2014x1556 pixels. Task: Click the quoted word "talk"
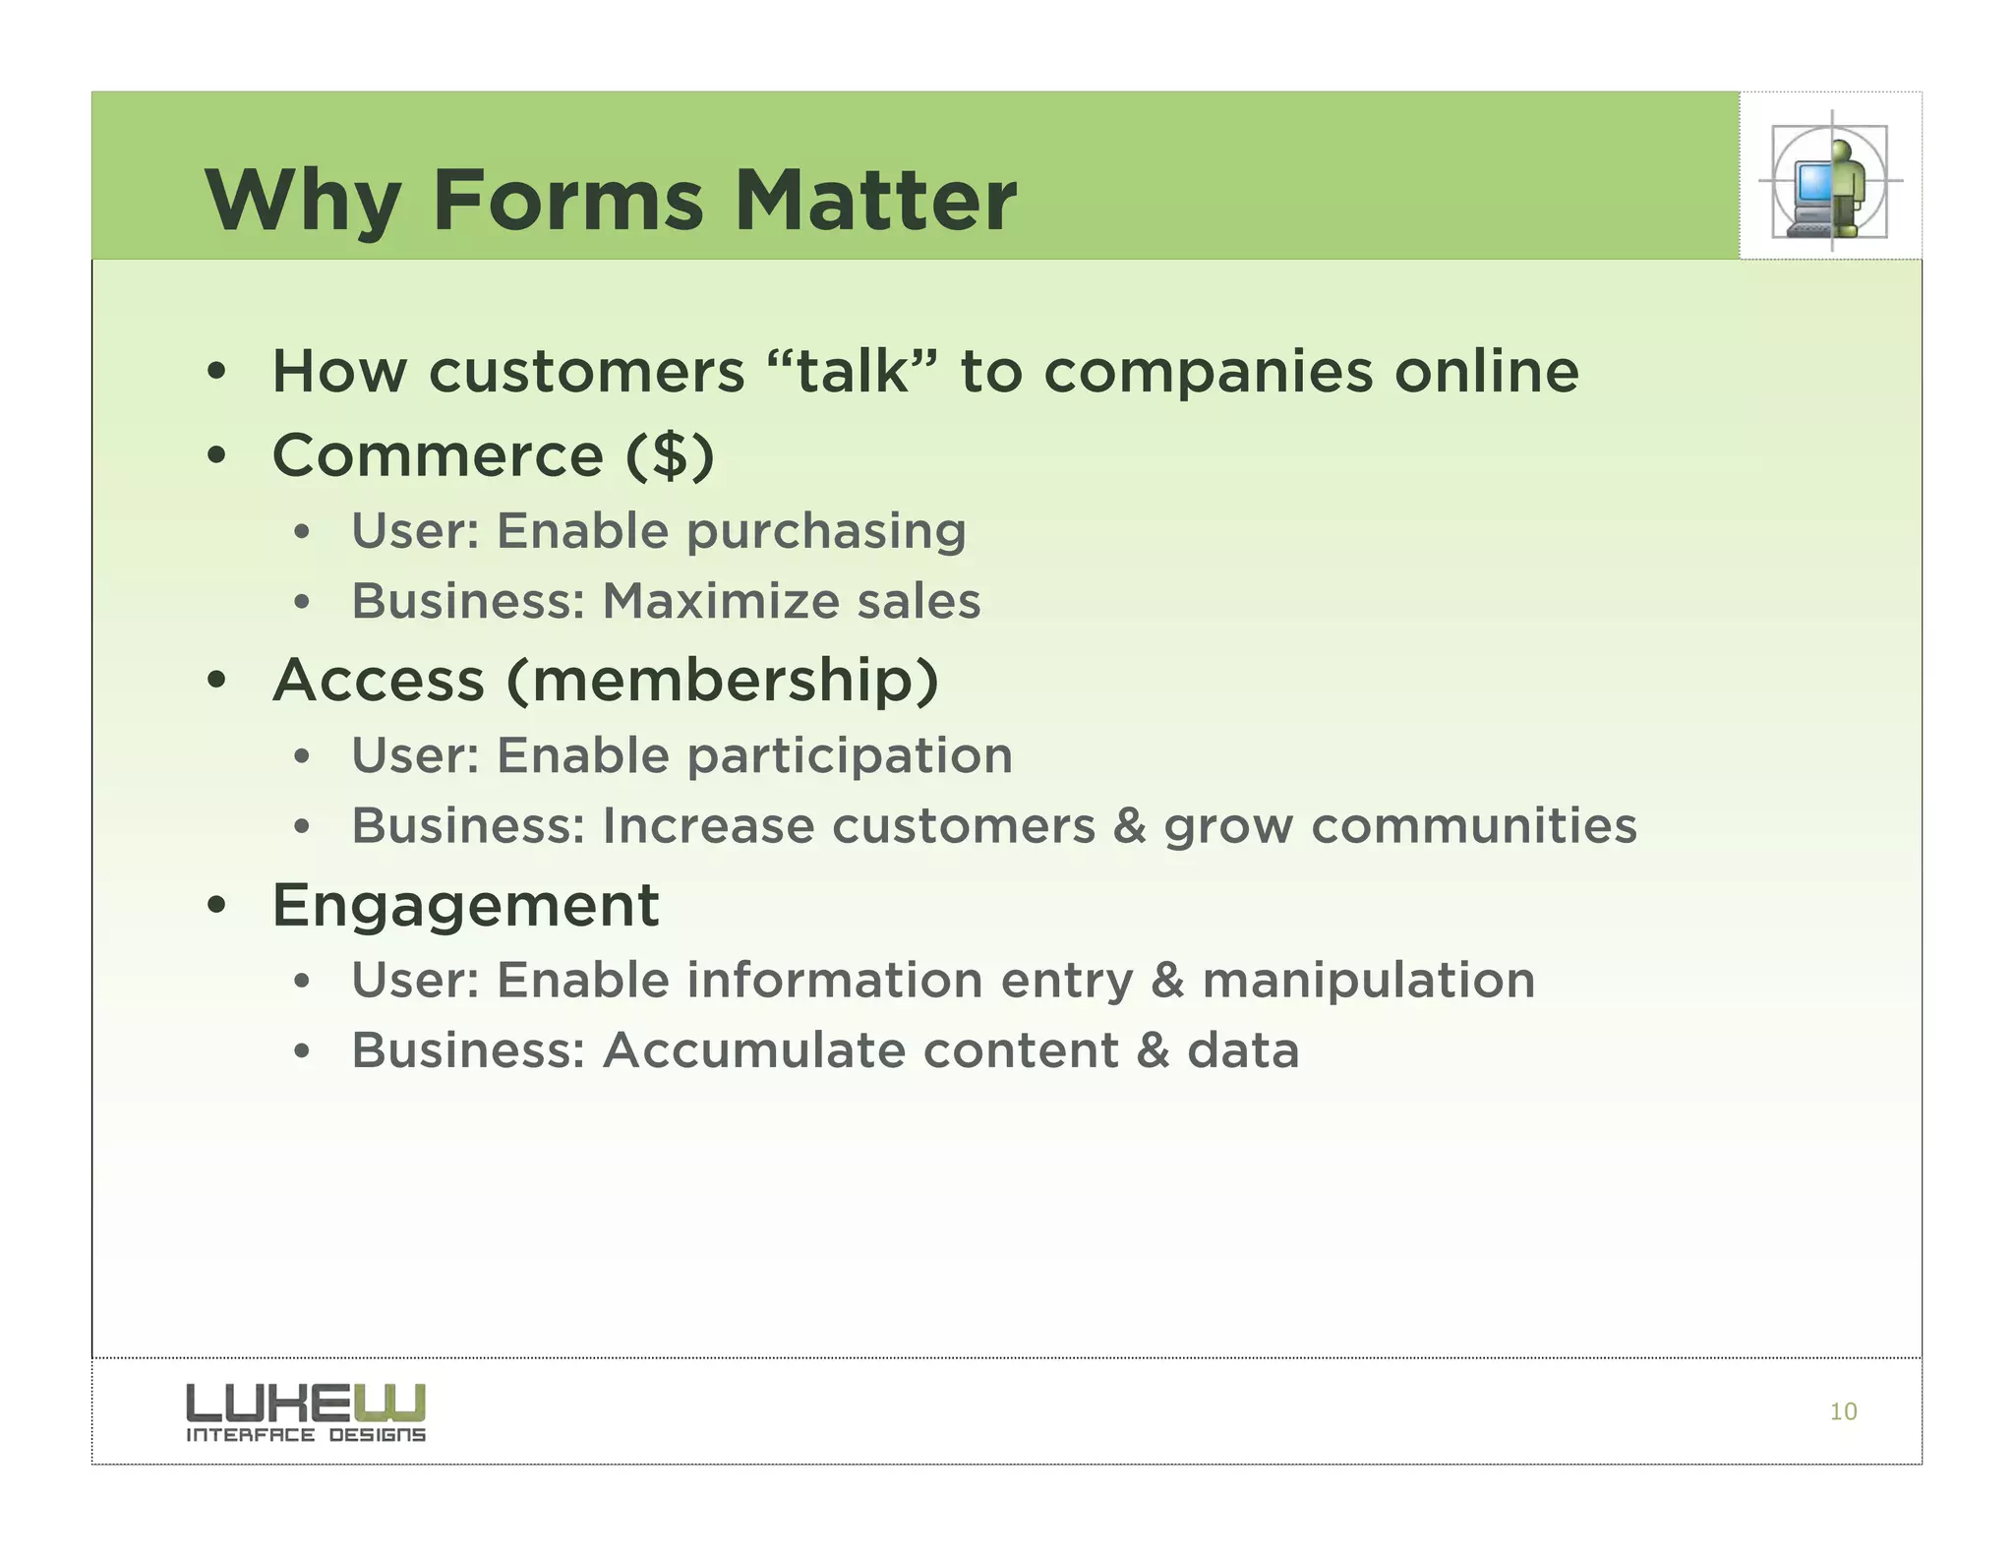click(x=852, y=372)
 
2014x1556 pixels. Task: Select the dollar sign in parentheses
click(x=671, y=456)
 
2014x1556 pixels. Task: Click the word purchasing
click(x=826, y=531)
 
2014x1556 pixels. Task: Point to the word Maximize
click(x=722, y=601)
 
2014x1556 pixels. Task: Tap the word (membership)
click(x=723, y=681)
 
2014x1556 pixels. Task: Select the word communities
click(x=1473, y=825)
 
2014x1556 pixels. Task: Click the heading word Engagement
click(x=465, y=906)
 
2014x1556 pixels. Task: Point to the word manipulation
click(x=1368, y=981)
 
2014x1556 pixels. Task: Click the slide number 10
click(x=1842, y=1411)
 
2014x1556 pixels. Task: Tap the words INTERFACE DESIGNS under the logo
click(x=305, y=1435)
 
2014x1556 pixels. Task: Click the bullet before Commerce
click(x=217, y=456)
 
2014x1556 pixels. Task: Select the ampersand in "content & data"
click(x=1153, y=1050)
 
